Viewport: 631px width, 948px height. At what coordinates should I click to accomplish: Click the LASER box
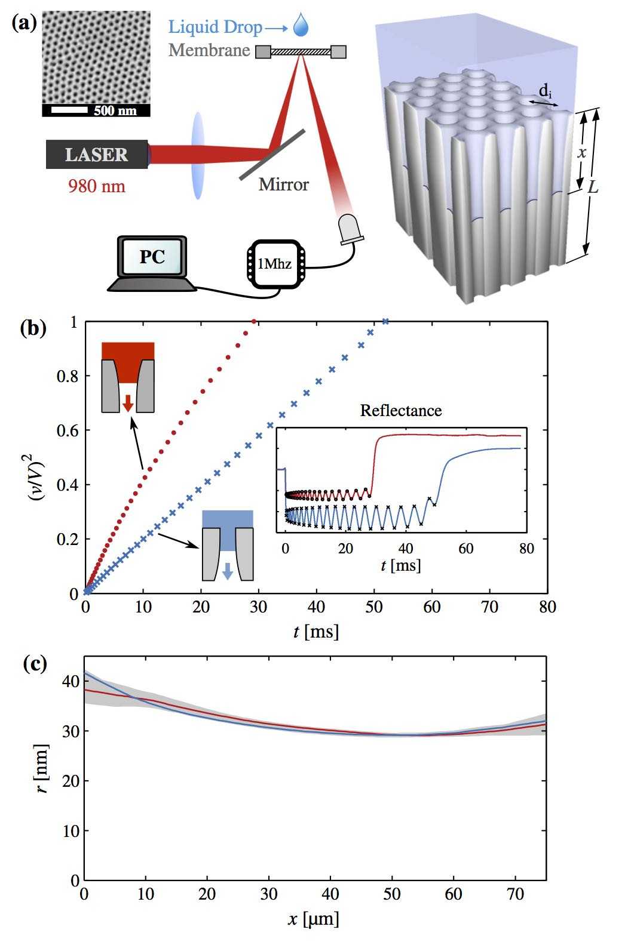pyautogui.click(x=97, y=154)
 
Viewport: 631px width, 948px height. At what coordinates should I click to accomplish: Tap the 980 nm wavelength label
pyautogui.click(x=97, y=186)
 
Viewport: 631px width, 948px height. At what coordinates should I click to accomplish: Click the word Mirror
pyautogui.click(x=283, y=184)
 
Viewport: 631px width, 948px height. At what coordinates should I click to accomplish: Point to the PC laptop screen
pyautogui.click(x=152, y=257)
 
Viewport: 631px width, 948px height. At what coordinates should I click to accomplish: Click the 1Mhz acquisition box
pyautogui.click(x=274, y=263)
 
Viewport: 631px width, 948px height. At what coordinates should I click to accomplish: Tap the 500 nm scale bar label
pyautogui.click(x=115, y=110)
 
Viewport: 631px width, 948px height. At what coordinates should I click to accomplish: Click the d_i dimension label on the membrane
pyautogui.click(x=545, y=91)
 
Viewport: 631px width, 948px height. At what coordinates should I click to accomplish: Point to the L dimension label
pyautogui.click(x=592, y=187)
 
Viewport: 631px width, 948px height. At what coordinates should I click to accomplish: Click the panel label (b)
pyautogui.click(x=33, y=328)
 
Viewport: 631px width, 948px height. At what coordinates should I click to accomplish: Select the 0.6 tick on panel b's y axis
pyautogui.click(x=69, y=430)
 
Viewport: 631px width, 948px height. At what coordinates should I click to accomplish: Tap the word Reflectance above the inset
pyautogui.click(x=400, y=411)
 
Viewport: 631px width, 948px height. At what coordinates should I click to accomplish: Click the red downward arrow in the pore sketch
pyautogui.click(x=127, y=404)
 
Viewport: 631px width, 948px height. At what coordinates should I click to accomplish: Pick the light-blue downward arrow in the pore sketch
pyautogui.click(x=227, y=571)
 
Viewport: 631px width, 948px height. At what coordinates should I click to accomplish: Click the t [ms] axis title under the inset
pyautogui.click(x=400, y=565)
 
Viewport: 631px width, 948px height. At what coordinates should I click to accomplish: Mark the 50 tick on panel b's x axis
pyautogui.click(x=374, y=608)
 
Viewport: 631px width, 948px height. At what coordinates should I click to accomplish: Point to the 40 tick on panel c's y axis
pyautogui.click(x=71, y=681)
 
